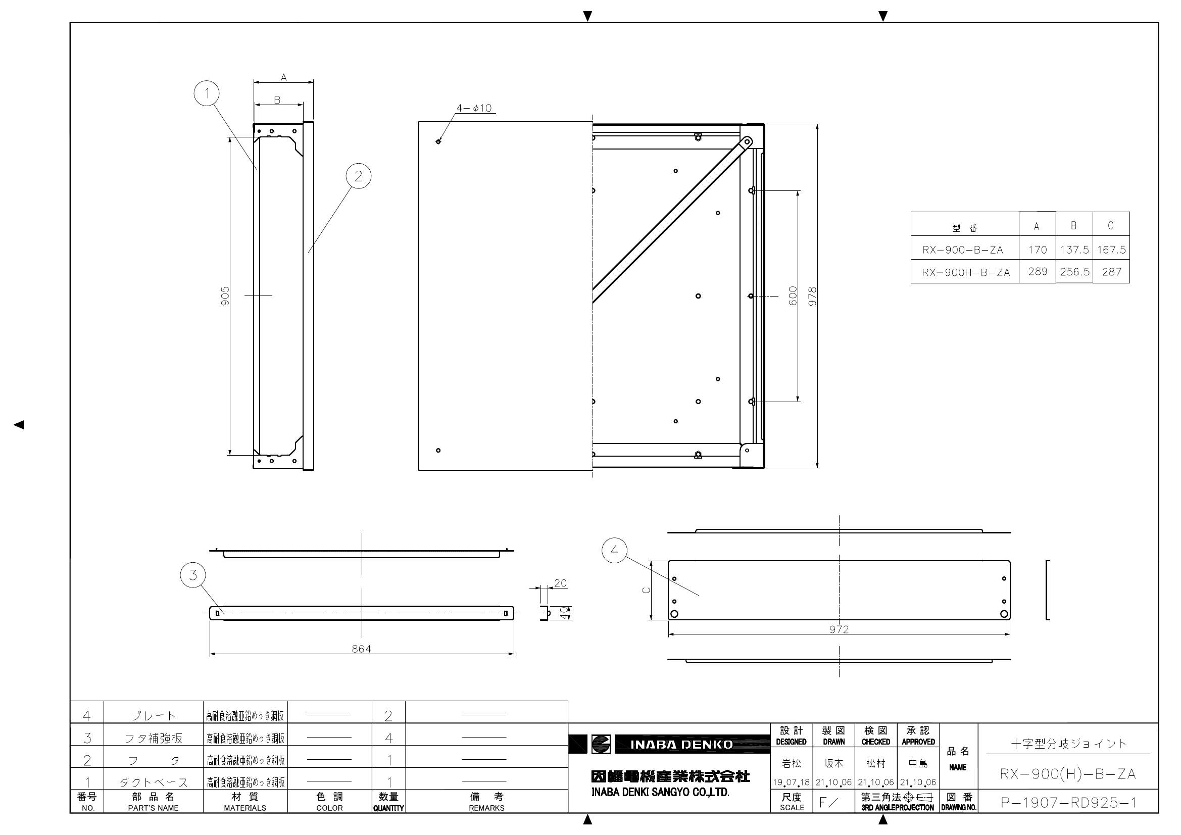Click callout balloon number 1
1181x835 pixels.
(207, 93)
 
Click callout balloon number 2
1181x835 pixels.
(358, 176)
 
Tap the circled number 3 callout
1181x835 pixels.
(193, 575)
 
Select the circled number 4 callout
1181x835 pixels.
(614, 551)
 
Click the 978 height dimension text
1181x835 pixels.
(812, 297)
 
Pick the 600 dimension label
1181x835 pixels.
(793, 296)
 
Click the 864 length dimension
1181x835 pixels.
(361, 649)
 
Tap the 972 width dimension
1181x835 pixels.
(839, 629)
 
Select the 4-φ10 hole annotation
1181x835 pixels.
(474, 109)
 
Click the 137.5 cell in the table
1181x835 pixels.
(1074, 250)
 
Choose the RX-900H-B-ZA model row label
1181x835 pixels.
(965, 273)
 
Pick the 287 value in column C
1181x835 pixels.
(1111, 272)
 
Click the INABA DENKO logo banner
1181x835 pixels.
(681, 745)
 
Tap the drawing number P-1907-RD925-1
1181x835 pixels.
(1068, 803)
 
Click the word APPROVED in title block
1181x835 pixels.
(918, 742)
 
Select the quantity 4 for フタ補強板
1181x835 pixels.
(389, 739)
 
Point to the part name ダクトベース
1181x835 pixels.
(153, 782)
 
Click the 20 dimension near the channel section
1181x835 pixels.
(560, 583)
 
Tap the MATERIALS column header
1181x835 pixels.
(245, 808)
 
